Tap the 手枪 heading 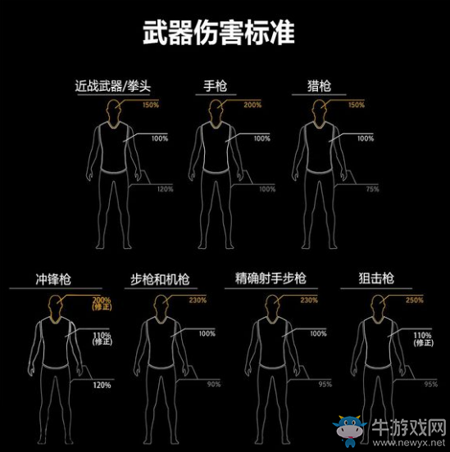point(216,85)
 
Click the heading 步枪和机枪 point(161,279)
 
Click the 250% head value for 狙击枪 point(414,301)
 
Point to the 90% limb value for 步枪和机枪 point(213,384)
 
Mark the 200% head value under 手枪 point(252,105)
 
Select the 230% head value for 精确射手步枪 point(308,301)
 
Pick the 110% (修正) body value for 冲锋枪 point(102,339)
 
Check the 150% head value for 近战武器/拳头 point(150,105)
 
